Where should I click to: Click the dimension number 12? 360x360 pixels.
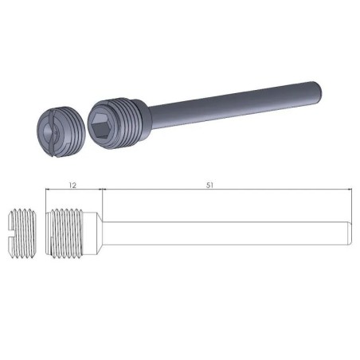[x=73, y=184]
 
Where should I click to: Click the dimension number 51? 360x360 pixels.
[x=210, y=184]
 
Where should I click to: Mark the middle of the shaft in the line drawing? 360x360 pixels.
[x=227, y=233]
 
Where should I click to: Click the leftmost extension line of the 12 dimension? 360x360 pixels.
[x=45, y=199]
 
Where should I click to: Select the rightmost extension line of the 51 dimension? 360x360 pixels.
[x=351, y=203]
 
